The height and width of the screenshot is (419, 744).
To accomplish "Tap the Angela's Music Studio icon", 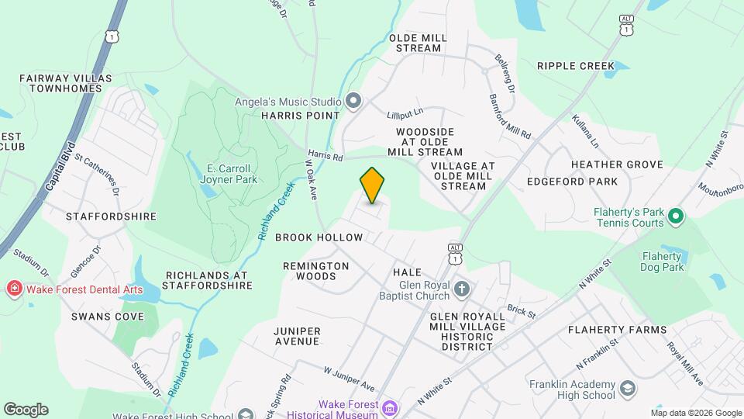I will pyautogui.click(x=354, y=102).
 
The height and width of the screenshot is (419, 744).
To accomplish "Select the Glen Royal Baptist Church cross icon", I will pyautogui.click(x=462, y=289).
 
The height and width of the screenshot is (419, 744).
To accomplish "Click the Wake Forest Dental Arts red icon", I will pyautogui.click(x=13, y=289).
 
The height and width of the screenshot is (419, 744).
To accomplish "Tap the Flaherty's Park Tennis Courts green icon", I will pyautogui.click(x=675, y=216).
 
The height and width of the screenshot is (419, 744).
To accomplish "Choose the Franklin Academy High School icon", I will pyautogui.click(x=627, y=388).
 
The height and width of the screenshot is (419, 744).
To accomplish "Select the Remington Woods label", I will pyautogui.click(x=315, y=271).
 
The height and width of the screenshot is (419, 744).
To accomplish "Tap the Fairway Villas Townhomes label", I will pyautogui.click(x=66, y=83).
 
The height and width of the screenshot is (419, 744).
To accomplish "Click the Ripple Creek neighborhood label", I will pyautogui.click(x=575, y=66).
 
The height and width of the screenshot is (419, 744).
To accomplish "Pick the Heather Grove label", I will pyautogui.click(x=617, y=164).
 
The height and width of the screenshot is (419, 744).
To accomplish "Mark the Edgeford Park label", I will pyautogui.click(x=572, y=182).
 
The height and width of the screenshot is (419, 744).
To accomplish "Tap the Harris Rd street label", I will pyautogui.click(x=325, y=156).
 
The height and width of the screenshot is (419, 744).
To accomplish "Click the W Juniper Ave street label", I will pyautogui.click(x=349, y=379).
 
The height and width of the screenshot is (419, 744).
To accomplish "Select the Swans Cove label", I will pyautogui.click(x=108, y=317).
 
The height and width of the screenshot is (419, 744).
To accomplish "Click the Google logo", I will pyautogui.click(x=26, y=409).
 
